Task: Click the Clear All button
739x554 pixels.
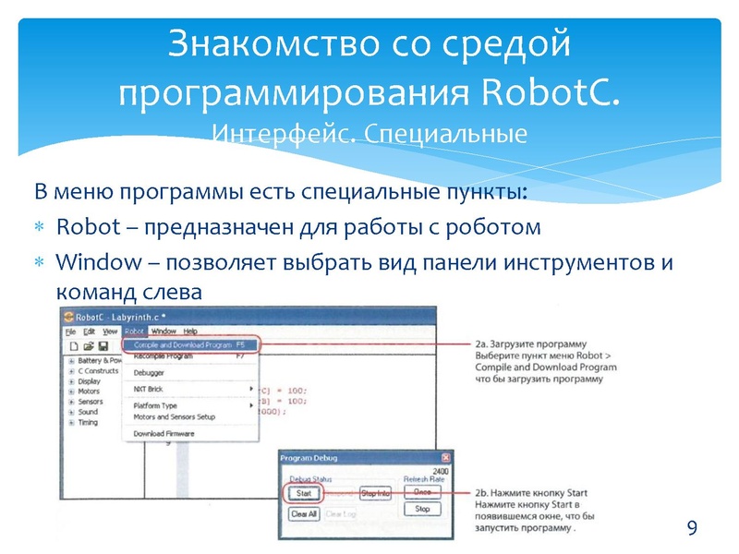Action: click(303, 513)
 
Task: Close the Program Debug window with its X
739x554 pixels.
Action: click(446, 458)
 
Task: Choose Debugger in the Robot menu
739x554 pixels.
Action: click(149, 373)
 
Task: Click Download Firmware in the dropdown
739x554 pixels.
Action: click(162, 433)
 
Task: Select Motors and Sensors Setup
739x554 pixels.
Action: click(174, 417)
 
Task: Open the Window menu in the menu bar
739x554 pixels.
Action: click(164, 331)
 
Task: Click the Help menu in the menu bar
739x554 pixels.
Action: click(189, 331)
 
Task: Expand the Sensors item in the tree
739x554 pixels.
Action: click(71, 402)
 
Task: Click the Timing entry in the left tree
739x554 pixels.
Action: click(88, 423)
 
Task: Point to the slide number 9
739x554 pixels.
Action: click(691, 528)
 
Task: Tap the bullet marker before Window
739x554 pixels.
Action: click(40, 262)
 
